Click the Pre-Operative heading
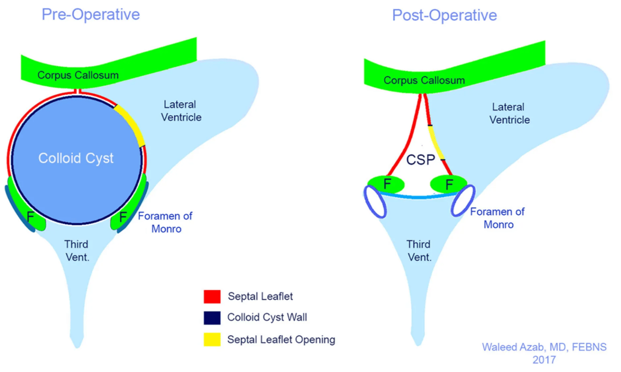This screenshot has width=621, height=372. [91, 15]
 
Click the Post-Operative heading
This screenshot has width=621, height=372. [444, 15]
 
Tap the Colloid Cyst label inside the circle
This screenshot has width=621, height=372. [76, 158]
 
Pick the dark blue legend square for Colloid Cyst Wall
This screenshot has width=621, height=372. [212, 318]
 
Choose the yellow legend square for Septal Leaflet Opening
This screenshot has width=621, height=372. [212, 339]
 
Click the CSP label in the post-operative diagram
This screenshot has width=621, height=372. [420, 160]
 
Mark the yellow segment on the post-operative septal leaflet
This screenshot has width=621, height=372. [435, 142]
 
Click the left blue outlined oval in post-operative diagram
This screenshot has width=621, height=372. [375, 202]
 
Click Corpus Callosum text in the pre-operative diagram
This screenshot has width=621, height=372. [78, 75]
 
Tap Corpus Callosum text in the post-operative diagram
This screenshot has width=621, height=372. [424, 80]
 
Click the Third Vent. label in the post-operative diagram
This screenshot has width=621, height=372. [419, 250]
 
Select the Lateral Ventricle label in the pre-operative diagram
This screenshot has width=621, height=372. [180, 110]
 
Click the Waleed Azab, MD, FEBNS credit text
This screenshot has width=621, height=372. [543, 347]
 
